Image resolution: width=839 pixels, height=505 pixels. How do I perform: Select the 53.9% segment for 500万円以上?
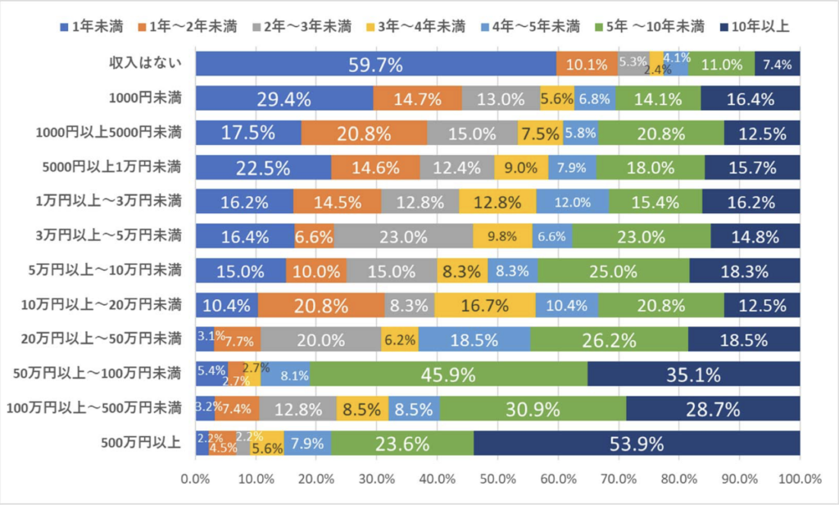[x=637, y=443]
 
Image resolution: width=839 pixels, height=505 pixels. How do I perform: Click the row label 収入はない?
[x=145, y=63]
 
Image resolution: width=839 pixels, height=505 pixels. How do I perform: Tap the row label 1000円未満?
[x=145, y=98]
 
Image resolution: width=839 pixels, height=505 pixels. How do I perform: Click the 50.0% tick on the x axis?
[x=497, y=479]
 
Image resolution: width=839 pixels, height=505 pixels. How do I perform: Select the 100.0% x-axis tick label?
[x=800, y=479]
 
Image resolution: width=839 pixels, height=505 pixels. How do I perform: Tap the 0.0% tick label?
[x=196, y=479]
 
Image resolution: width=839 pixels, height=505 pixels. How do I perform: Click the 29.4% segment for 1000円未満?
[x=284, y=98]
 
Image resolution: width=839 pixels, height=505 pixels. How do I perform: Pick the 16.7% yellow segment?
[x=485, y=305]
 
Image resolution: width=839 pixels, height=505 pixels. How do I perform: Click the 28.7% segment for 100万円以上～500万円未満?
[x=713, y=408]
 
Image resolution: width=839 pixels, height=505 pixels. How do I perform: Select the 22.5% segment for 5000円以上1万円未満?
[x=263, y=167]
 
